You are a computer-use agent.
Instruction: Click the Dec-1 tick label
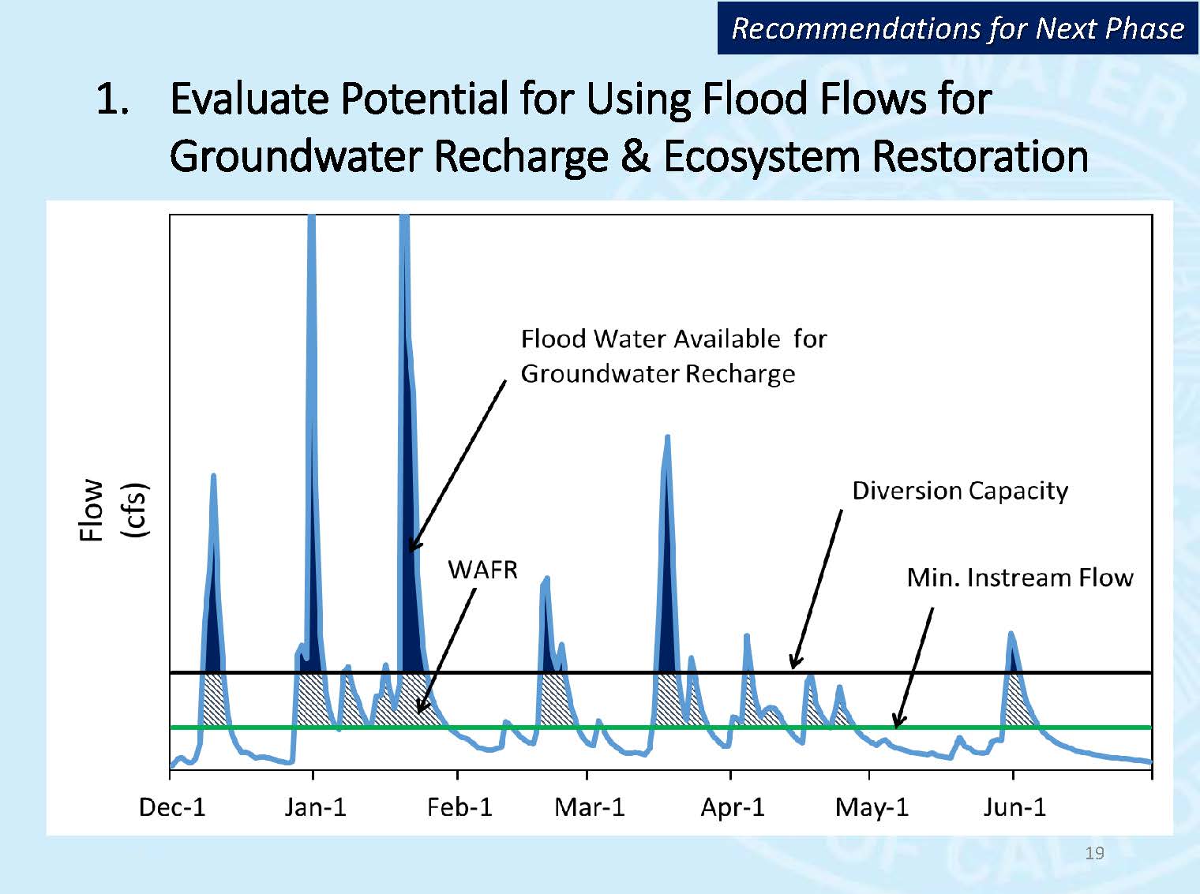pos(172,807)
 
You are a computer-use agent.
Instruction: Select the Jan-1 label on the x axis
pos(315,807)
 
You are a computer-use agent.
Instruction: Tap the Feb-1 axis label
pos(459,807)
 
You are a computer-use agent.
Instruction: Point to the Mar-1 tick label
pos(589,807)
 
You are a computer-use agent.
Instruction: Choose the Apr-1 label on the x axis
pos(733,807)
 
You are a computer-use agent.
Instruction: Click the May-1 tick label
pos(872,807)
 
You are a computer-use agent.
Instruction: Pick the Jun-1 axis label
pos(1014,807)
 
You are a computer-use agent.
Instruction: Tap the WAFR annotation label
pos(482,570)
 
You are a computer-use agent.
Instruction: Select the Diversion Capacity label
pos(959,491)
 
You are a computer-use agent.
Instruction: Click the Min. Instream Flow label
pos(1019,578)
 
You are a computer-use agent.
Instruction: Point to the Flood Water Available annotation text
pos(673,355)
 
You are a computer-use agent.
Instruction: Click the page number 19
pos(1094,853)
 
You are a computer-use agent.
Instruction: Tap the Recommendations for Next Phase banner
pos(957,28)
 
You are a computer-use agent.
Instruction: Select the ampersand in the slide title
pos(635,156)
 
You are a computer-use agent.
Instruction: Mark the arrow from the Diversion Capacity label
pos(816,589)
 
